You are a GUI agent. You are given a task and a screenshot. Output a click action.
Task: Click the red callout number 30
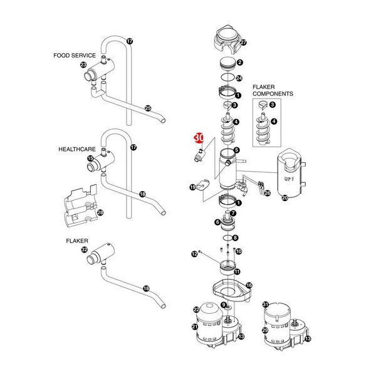199,137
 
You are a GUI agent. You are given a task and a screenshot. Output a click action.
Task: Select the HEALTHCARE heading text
77,150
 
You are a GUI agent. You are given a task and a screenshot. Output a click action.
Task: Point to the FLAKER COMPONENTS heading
273,90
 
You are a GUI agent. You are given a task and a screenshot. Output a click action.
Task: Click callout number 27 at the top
244,43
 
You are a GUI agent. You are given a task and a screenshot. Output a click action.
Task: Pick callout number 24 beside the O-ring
239,78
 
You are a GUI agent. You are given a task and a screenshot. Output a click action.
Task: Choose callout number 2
239,62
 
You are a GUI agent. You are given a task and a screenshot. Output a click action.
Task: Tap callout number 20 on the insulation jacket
285,198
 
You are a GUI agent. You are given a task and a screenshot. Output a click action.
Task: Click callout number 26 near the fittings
267,193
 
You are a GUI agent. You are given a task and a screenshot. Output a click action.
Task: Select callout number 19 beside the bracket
192,187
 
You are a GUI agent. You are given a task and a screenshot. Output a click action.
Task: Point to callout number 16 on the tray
249,285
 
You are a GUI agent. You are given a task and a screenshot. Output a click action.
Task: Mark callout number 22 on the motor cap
196,310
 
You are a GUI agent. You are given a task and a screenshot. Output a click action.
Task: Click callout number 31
265,305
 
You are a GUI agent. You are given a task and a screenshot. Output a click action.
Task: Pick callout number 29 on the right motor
265,330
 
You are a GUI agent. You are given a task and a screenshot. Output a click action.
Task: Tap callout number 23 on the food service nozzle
83,65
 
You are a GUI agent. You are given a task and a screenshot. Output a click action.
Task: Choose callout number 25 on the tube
148,108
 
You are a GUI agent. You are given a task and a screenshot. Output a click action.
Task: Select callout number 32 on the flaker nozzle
85,250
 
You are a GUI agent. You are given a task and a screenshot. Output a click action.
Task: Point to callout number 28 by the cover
100,212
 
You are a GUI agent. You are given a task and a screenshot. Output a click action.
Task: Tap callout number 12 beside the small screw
194,253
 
